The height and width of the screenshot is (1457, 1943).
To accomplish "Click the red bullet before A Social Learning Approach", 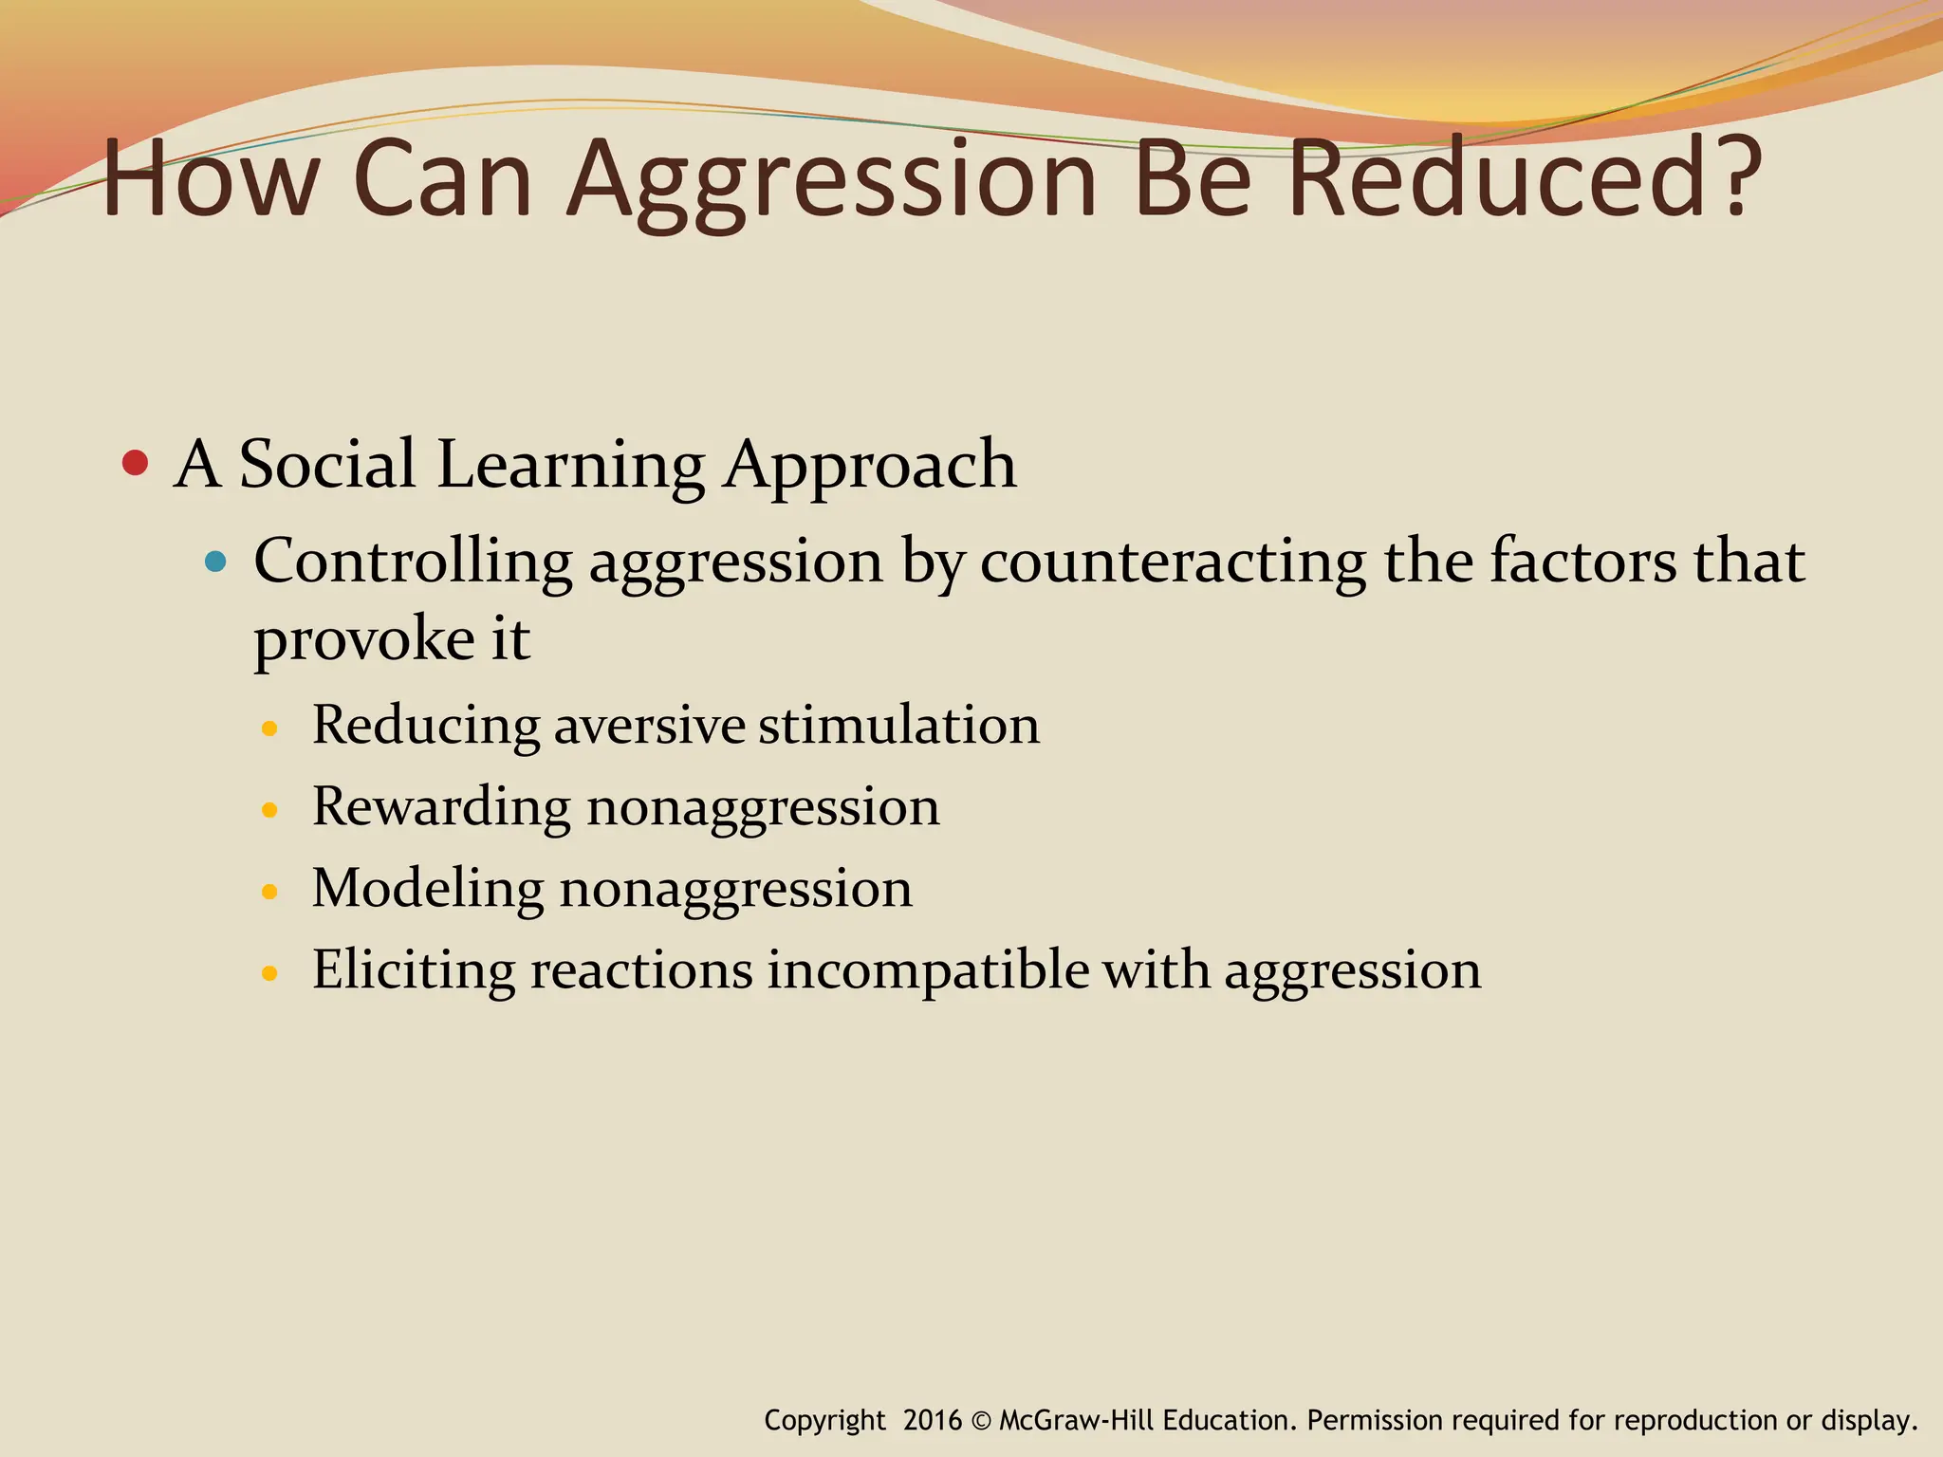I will [136, 464].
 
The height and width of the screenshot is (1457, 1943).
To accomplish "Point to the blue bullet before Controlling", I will [216, 562].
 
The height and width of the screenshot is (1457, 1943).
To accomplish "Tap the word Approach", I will [869, 467].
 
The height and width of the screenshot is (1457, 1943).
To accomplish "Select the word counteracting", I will [1173, 562].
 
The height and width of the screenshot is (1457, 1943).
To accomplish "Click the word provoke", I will [363, 640].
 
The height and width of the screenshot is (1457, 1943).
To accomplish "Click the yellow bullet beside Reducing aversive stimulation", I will [270, 728].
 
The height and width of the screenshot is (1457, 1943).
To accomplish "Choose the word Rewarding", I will [441, 808].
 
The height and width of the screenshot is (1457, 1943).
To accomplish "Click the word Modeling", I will [428, 890].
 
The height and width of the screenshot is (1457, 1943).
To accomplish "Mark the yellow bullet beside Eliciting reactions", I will [270, 973].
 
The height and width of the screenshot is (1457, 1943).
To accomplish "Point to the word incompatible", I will [928, 970].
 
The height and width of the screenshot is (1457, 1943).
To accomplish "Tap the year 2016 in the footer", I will [932, 1420].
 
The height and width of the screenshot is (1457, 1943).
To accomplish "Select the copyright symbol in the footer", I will [981, 1421].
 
